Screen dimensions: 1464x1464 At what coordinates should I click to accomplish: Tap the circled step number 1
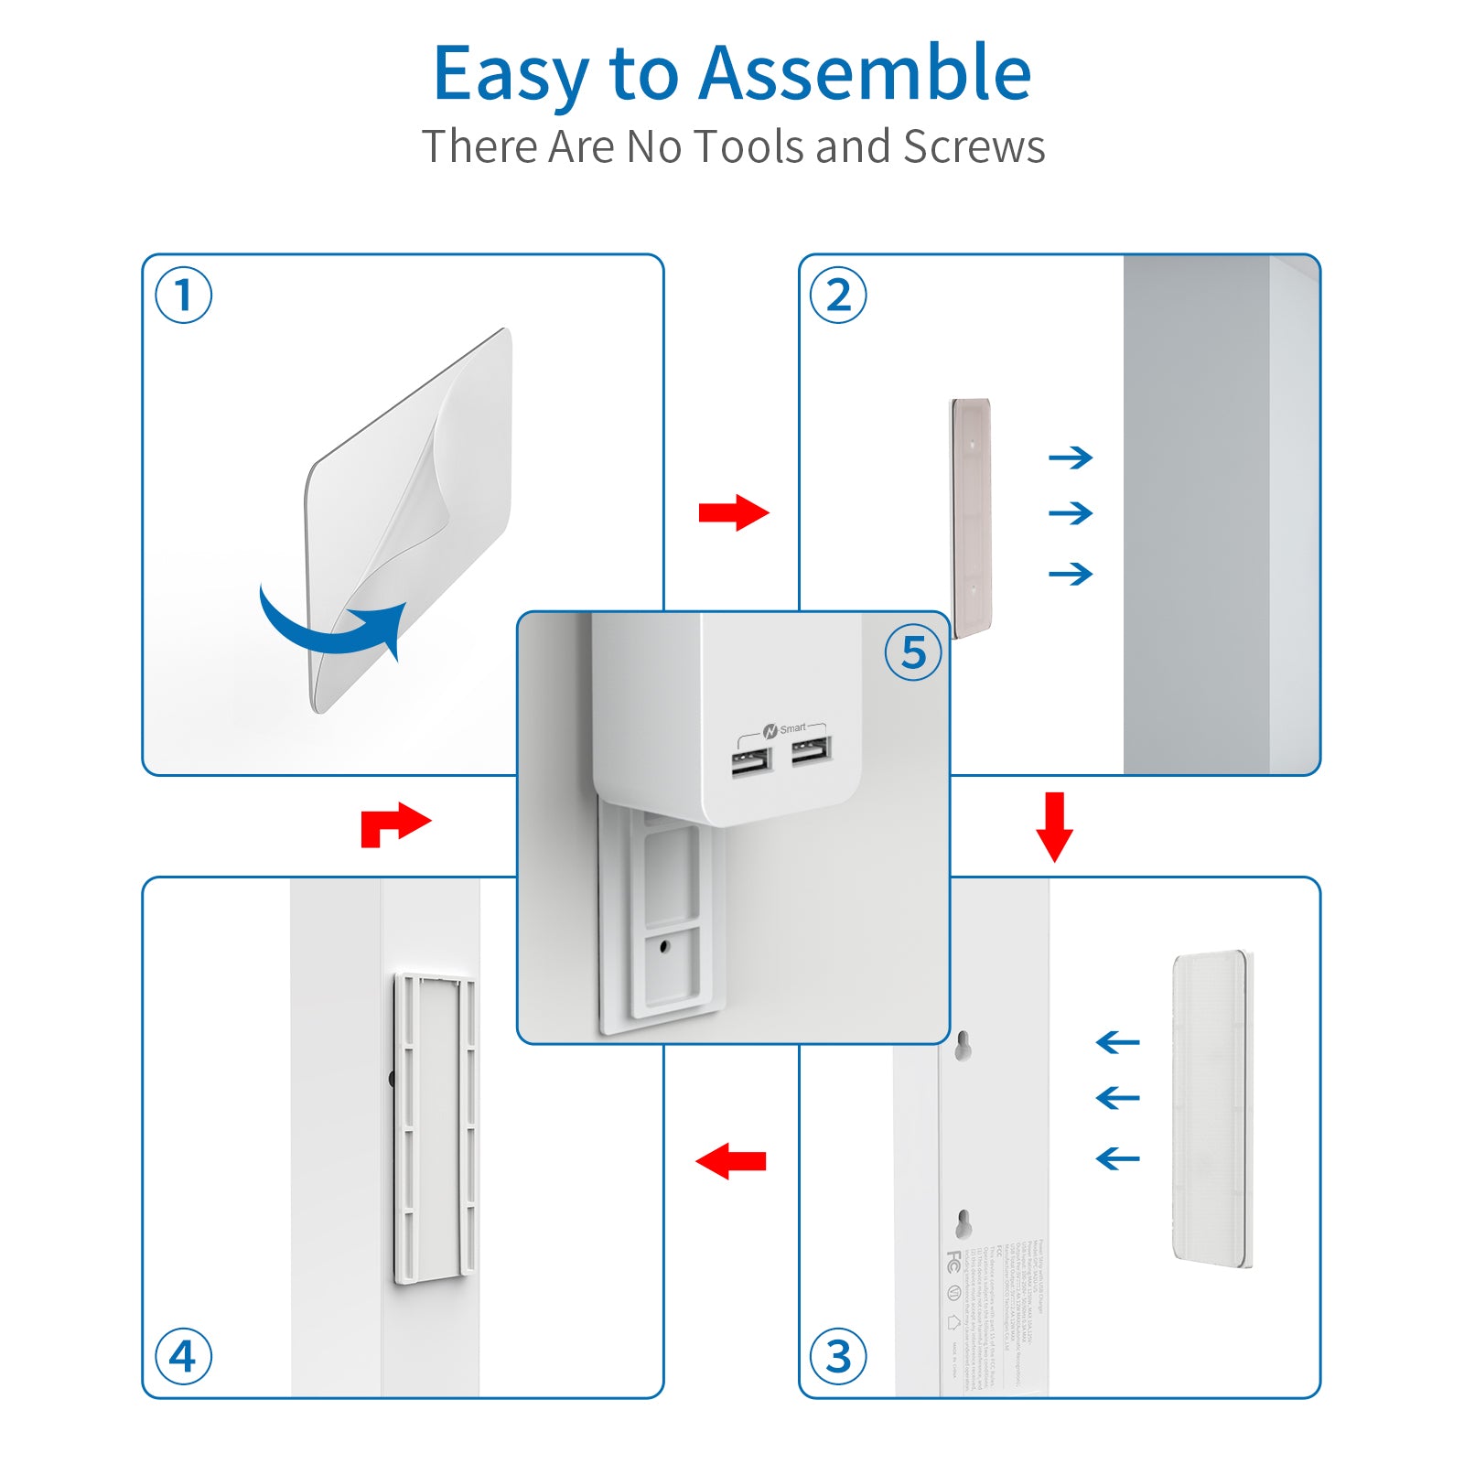(x=183, y=296)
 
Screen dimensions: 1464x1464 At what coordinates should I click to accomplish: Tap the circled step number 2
(x=838, y=296)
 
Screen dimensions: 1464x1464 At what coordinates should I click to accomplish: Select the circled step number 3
(x=838, y=1355)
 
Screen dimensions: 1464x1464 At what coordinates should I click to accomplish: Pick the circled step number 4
(x=183, y=1355)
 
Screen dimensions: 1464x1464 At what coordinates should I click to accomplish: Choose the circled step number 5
(x=913, y=652)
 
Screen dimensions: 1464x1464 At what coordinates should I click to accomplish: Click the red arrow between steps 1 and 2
(x=733, y=512)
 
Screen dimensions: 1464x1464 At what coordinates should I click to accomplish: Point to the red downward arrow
(x=1054, y=826)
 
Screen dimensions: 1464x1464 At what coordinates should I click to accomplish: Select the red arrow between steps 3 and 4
(x=731, y=1161)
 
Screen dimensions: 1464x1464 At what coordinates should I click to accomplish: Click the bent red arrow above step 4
(x=393, y=823)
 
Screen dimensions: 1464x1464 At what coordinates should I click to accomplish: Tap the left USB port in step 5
(x=750, y=761)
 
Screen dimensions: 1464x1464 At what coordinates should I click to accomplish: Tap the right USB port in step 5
(x=811, y=750)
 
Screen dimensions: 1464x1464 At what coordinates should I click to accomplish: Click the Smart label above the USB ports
(x=792, y=729)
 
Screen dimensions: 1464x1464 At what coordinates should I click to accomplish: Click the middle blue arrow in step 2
(x=1071, y=513)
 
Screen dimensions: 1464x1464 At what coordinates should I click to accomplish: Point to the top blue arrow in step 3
(x=1117, y=1042)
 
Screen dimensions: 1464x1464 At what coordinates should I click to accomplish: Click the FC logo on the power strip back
(x=954, y=1261)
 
